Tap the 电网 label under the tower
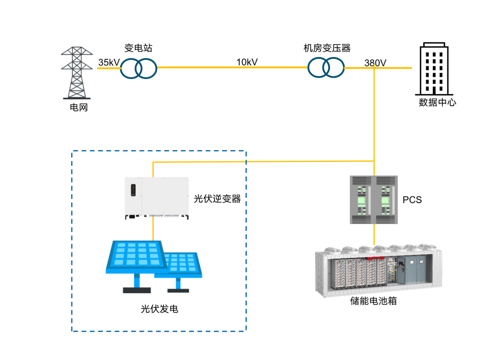coord(79,107)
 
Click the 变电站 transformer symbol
coord(139,69)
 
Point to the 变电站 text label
coord(138,48)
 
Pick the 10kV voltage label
coord(247,62)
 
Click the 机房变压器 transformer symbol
coord(326,68)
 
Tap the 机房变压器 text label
coord(327,48)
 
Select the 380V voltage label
coord(375,63)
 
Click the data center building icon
coord(433,69)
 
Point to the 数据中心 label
coord(437,102)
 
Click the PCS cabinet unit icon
coord(374,200)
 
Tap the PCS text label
coord(412,200)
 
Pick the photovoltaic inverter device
coord(156,197)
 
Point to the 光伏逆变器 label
coord(217,199)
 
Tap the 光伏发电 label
coord(159,309)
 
